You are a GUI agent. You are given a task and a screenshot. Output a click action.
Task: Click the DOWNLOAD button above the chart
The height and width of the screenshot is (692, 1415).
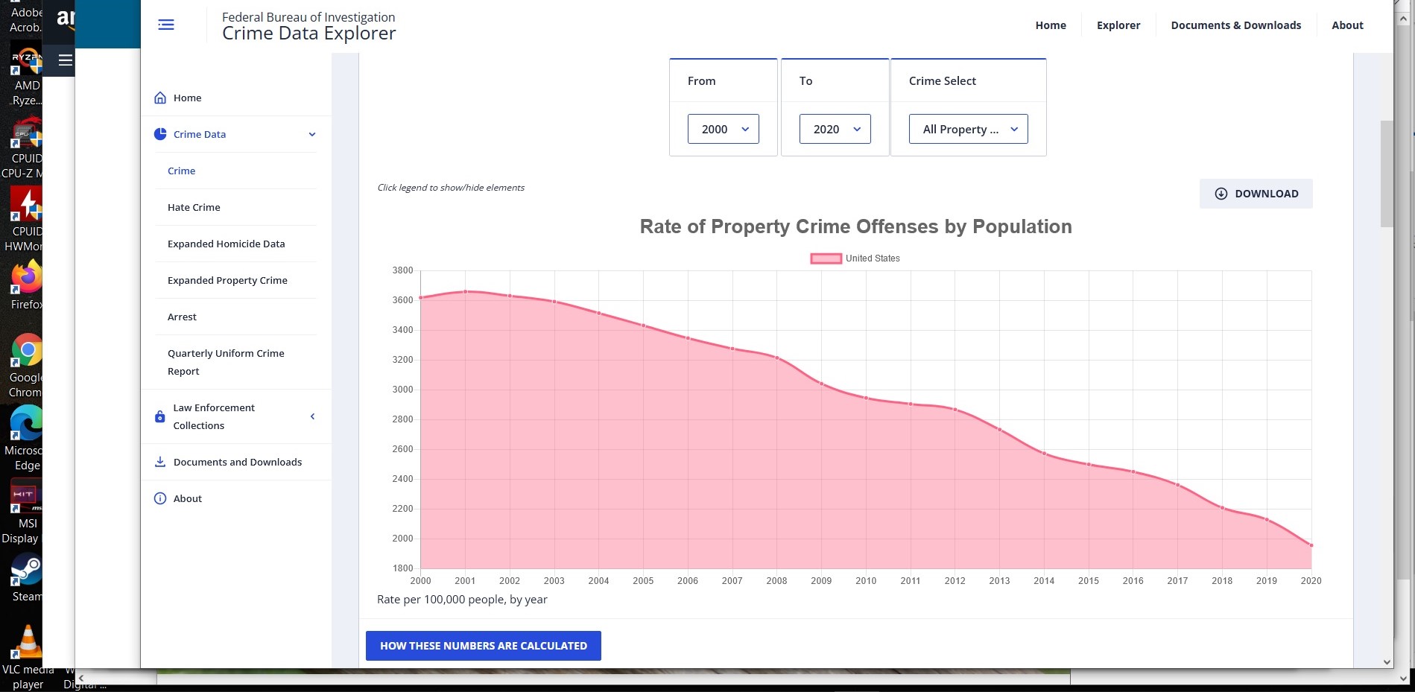pyautogui.click(x=1256, y=194)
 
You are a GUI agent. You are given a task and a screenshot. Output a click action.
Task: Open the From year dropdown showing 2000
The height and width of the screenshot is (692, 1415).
pyautogui.click(x=723, y=129)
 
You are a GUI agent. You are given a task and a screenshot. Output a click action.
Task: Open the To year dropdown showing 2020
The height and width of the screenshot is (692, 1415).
pyautogui.click(x=835, y=129)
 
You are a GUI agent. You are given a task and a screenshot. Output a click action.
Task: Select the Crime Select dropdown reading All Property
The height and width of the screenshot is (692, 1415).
pyautogui.click(x=968, y=129)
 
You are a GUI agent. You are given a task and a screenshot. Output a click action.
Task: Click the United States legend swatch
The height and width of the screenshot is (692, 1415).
pyautogui.click(x=826, y=258)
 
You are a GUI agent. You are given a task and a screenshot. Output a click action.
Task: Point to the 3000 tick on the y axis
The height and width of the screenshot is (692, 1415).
pyautogui.click(x=402, y=390)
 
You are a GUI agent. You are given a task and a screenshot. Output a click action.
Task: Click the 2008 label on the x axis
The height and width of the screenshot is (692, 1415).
pyautogui.click(x=776, y=581)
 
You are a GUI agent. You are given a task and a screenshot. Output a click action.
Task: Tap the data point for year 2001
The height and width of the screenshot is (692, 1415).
pyautogui.click(x=466, y=291)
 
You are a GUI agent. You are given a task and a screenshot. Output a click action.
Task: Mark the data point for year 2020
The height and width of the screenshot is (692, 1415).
pyautogui.click(x=1311, y=545)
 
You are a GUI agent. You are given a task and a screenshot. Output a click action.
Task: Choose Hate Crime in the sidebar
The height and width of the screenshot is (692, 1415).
pyautogui.click(x=194, y=207)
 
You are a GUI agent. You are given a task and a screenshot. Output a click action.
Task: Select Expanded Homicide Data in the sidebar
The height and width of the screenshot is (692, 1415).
pyautogui.click(x=226, y=244)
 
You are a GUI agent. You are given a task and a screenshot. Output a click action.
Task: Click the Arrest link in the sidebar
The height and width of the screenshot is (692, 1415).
pyautogui.click(x=182, y=317)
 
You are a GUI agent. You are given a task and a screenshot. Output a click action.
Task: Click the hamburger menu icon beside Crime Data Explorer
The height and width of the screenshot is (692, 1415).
pyautogui.click(x=166, y=25)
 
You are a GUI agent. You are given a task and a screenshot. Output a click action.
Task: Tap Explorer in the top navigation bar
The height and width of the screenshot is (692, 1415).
pyautogui.click(x=1118, y=25)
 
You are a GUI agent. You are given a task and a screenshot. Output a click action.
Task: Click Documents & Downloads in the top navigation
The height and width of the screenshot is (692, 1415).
pyautogui.click(x=1235, y=25)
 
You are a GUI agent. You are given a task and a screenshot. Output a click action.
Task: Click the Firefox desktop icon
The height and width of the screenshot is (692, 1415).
pyautogui.click(x=27, y=277)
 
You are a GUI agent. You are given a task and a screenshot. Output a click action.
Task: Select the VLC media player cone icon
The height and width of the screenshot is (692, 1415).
pyautogui.click(x=28, y=641)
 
